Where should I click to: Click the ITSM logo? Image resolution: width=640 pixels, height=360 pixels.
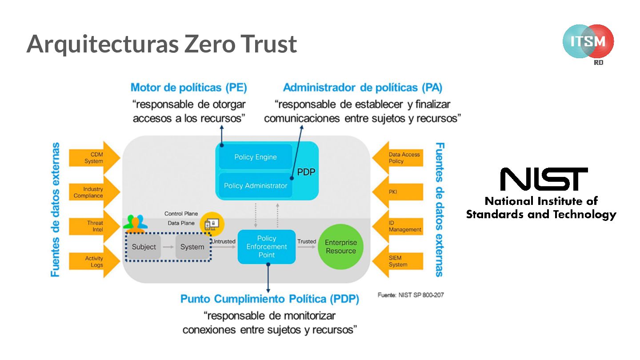tap(588, 42)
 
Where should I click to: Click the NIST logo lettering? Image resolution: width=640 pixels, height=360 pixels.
tap(544, 179)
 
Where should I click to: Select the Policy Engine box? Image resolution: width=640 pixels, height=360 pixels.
tap(256, 157)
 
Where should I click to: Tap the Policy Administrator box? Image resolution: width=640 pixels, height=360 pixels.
tap(256, 185)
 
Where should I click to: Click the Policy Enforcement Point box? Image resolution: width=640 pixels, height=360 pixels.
tap(267, 247)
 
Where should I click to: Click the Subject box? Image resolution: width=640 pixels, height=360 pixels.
tap(144, 247)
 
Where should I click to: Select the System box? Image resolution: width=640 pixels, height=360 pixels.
tap(192, 247)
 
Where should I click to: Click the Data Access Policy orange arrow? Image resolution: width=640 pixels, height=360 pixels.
tap(398, 158)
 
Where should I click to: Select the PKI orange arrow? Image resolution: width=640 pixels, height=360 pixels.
tap(398, 192)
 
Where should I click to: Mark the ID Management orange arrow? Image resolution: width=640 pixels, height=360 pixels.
tap(398, 226)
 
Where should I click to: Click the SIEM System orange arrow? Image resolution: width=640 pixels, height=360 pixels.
tap(398, 261)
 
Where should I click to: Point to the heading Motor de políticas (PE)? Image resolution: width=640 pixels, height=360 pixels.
tap(189, 88)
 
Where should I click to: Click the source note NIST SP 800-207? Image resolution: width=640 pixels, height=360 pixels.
tap(410, 295)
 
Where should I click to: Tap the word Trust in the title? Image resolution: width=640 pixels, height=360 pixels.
tap(269, 44)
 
